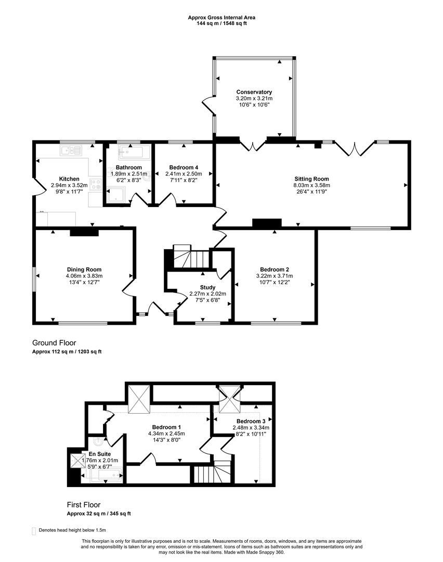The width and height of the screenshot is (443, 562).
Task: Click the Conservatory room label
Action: point(254,92)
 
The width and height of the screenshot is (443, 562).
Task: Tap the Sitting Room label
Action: point(311,179)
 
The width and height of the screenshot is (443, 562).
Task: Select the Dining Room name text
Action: point(84,270)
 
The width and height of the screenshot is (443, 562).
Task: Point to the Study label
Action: point(207,287)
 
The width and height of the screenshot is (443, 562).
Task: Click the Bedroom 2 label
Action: point(275,270)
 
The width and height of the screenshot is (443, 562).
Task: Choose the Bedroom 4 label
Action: point(184,168)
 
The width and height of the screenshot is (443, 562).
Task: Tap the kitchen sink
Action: point(71,150)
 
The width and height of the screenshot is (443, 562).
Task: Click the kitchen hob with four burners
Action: point(96,184)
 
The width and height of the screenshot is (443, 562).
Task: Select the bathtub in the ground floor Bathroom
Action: point(131,152)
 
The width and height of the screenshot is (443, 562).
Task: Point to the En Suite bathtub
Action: point(106,476)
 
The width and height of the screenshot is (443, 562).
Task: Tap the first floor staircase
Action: point(213,473)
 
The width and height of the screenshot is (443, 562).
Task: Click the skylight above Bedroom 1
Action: point(139,399)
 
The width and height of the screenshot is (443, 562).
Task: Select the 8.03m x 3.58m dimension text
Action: point(311,185)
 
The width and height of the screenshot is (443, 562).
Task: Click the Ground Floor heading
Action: point(54,343)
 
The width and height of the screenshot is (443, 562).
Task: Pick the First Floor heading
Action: point(83,505)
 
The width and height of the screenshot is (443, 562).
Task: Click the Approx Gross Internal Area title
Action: point(221,17)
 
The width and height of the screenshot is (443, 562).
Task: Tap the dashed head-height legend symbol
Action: point(34,531)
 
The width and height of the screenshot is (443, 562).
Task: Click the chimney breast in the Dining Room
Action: point(84,232)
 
